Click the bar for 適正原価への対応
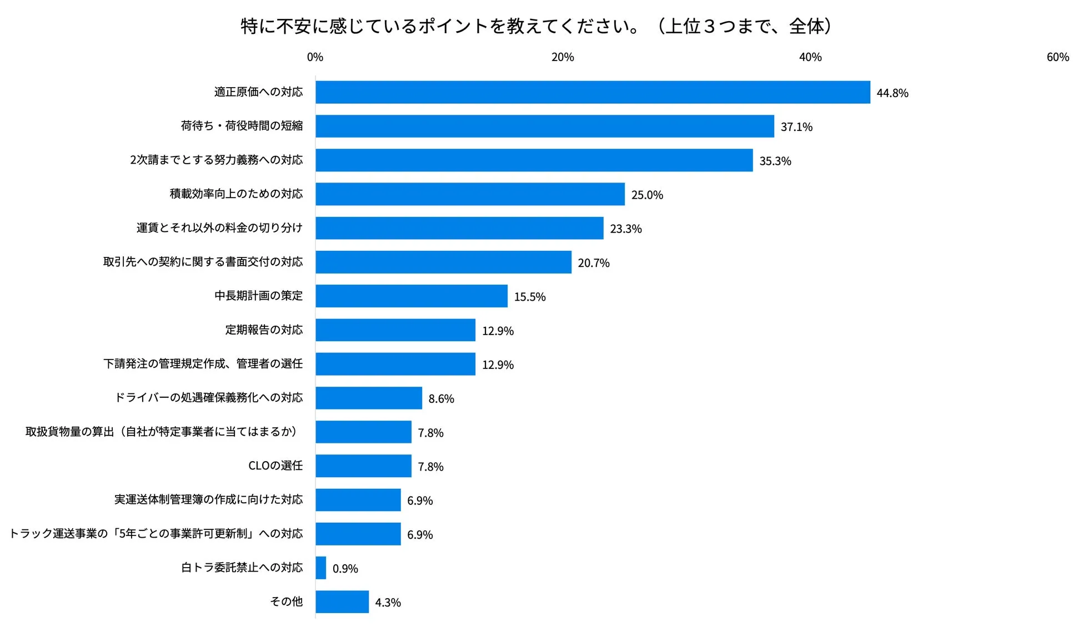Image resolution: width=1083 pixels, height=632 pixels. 592,92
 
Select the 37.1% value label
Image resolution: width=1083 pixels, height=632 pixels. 796,127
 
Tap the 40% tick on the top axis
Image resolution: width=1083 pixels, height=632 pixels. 810,57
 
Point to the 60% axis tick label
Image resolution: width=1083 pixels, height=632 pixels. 1057,57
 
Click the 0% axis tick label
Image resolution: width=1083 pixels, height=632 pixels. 315,57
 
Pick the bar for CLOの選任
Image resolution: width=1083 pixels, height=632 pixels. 363,466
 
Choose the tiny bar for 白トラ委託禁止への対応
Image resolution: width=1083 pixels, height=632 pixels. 321,568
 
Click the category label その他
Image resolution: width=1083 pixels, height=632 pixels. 286,601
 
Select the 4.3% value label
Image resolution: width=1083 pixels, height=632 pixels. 388,603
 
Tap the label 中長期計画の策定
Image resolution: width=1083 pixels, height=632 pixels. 258,296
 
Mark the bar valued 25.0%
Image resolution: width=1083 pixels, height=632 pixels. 470,194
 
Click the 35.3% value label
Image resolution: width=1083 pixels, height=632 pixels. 775,161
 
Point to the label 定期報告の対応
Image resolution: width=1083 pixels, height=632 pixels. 264,330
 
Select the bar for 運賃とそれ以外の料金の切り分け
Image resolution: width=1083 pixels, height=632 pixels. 459,228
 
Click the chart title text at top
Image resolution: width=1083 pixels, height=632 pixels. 536,26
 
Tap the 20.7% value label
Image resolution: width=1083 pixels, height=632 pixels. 593,263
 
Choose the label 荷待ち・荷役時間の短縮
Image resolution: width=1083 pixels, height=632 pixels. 242,126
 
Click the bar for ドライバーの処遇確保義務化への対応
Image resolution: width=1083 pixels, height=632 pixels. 369,398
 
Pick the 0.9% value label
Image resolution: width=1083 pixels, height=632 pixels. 345,569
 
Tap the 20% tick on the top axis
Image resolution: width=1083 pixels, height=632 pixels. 563,57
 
